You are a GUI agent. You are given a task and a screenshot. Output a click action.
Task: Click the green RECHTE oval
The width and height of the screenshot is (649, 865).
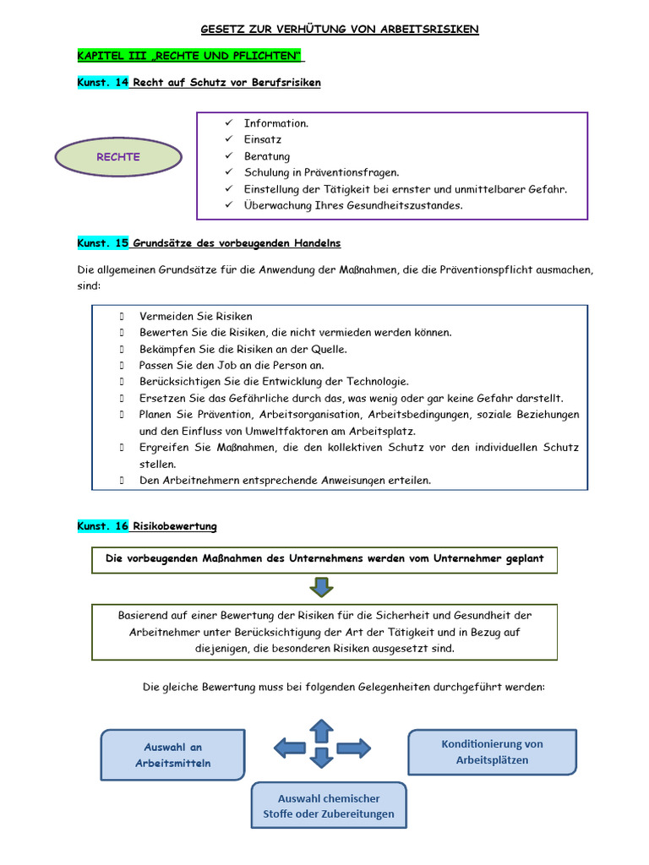click(118, 157)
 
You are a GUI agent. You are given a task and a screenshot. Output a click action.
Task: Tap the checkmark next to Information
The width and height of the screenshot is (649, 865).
click(228, 123)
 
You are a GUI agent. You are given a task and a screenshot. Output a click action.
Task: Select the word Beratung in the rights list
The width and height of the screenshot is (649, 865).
click(267, 156)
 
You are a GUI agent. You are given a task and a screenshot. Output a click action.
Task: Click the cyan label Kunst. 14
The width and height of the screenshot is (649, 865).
click(102, 83)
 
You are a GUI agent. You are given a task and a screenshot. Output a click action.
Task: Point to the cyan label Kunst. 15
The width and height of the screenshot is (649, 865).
click(102, 243)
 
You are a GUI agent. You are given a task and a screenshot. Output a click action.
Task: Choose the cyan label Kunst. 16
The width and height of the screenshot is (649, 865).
click(102, 526)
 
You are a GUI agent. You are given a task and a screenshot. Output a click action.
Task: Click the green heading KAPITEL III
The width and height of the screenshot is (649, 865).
click(190, 56)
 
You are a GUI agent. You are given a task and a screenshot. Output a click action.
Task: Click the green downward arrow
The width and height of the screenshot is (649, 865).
click(321, 586)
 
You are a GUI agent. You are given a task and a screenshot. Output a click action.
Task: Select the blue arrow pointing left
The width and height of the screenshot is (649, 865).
click(290, 747)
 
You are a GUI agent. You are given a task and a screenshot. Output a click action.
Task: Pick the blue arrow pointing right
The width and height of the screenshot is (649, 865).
click(353, 747)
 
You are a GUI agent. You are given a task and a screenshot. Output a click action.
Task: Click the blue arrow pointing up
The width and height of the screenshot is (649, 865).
click(321, 730)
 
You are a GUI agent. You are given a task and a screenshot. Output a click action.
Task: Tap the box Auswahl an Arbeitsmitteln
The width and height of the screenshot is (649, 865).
click(173, 754)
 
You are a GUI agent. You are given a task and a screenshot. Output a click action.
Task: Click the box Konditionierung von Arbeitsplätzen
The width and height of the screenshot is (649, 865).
click(492, 752)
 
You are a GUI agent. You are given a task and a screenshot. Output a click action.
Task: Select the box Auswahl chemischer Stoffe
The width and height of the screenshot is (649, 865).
click(329, 807)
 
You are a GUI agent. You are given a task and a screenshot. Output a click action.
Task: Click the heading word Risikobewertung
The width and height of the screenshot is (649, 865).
click(175, 526)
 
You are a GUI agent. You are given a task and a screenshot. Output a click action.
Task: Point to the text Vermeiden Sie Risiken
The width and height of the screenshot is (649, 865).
click(196, 316)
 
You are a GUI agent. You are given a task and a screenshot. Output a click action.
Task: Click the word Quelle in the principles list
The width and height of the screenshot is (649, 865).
click(329, 349)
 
